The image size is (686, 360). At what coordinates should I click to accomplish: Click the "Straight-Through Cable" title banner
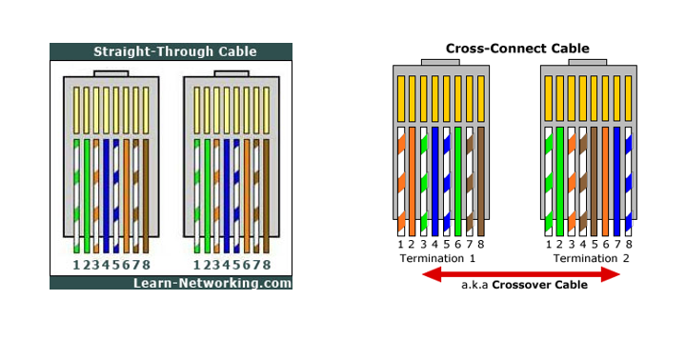(171, 51)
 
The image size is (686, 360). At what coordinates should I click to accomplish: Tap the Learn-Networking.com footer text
(212, 283)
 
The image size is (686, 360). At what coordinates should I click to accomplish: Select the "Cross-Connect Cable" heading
(517, 48)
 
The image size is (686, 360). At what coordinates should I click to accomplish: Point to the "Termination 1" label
(437, 258)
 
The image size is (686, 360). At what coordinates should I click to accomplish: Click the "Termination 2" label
(592, 258)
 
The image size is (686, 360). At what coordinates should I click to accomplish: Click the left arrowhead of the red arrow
(431, 275)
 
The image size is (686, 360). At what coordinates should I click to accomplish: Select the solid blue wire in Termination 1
(435, 181)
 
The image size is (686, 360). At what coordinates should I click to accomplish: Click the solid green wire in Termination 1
(458, 181)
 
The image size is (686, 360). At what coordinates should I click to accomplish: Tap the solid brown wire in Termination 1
(481, 181)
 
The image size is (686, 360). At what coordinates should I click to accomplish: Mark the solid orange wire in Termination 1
(413, 181)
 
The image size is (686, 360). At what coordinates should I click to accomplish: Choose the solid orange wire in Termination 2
(605, 181)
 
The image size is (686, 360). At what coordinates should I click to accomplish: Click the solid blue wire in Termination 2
(616, 181)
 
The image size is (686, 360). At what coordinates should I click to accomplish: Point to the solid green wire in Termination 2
(559, 181)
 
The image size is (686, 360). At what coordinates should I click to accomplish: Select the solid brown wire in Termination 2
(594, 181)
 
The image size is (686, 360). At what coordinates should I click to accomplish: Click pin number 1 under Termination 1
(401, 245)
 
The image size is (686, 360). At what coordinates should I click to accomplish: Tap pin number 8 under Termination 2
(628, 245)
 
